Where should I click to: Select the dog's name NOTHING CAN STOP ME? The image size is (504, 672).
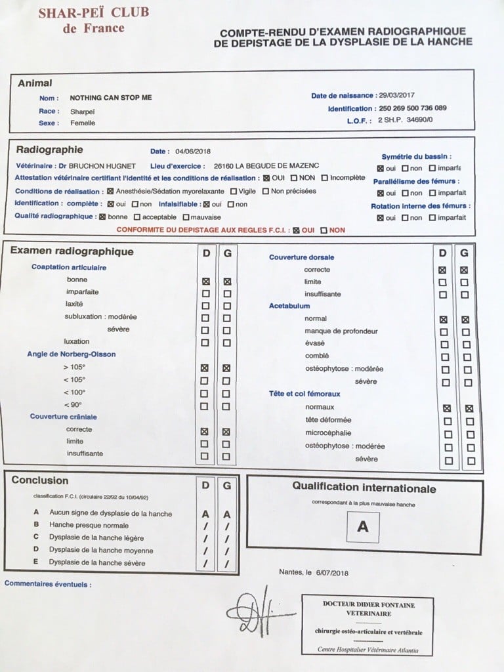111,98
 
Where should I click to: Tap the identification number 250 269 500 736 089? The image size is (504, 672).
413,108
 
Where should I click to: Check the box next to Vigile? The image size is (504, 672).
234,192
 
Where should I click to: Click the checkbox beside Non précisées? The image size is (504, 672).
266,192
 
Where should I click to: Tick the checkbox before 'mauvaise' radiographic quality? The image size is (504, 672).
186,217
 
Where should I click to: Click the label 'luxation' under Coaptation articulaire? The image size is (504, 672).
77,342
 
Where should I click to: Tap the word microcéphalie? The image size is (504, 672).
328,433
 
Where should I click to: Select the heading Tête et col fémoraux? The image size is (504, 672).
308,394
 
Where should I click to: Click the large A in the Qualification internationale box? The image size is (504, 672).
362,526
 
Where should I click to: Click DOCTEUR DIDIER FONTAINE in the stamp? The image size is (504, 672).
368,604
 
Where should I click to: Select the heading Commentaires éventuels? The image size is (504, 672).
48,583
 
